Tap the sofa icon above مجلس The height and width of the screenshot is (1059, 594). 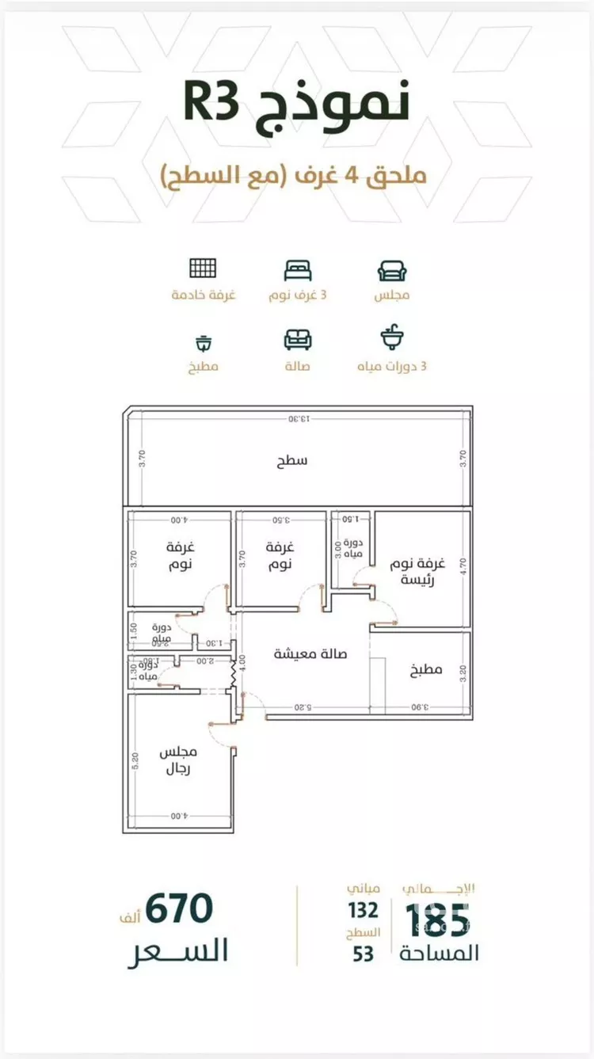[392, 271]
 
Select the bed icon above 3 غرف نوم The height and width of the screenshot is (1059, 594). [298, 269]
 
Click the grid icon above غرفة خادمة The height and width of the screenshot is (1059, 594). [203, 269]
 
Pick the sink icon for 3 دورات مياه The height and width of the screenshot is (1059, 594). [392, 338]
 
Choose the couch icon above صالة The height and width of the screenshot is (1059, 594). [298, 340]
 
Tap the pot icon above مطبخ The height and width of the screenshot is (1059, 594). [204, 343]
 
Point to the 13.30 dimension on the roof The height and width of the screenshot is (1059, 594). [299, 419]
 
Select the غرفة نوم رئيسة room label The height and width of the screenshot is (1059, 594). [417, 570]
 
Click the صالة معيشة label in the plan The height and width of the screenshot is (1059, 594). [310, 654]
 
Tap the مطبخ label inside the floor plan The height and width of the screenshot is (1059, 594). [425, 670]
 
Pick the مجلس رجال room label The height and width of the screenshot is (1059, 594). [178, 760]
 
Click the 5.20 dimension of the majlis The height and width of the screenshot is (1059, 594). [135, 761]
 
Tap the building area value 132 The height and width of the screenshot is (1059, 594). [363, 911]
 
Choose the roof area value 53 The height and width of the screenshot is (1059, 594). [364, 953]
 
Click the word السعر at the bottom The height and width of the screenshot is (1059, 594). [178, 949]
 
